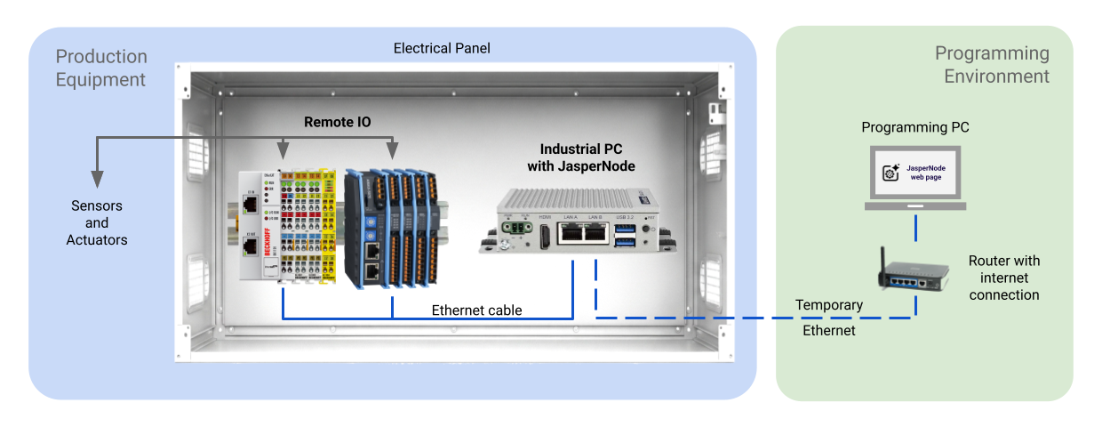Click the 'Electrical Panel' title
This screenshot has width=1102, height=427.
(x=442, y=47)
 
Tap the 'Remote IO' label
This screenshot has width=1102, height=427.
(x=338, y=122)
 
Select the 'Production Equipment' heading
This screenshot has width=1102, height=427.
(x=101, y=68)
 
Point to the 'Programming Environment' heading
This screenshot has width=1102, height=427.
(x=992, y=65)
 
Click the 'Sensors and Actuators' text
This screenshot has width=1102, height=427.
(x=97, y=222)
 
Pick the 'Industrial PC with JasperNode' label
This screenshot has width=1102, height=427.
(x=587, y=157)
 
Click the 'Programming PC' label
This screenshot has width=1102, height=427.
(x=915, y=127)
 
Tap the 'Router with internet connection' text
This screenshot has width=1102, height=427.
(x=1004, y=278)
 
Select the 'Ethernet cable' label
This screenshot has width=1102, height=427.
(x=476, y=310)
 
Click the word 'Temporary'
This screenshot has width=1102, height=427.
(x=829, y=305)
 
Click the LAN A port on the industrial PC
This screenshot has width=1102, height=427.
(x=570, y=232)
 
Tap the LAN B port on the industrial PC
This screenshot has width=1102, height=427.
(x=595, y=232)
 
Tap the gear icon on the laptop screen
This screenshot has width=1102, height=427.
(x=889, y=173)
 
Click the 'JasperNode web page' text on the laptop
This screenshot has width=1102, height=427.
(x=924, y=172)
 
